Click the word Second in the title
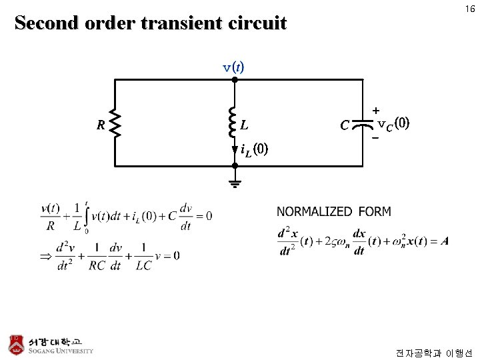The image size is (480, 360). coord(45,23)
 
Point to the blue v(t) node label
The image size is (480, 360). coord(233,67)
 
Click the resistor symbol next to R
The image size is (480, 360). coord(115,124)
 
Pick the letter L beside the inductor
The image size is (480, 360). coord(245,125)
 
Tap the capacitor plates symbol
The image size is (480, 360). coord(363,124)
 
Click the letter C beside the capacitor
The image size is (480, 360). coord(344,125)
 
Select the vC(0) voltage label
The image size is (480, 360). coord(393,124)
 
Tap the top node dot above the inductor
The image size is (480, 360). coord(235,79)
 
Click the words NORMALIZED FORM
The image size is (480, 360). coord(334,212)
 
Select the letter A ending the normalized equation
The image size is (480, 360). coord(445,241)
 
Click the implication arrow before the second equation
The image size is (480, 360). coord(46,255)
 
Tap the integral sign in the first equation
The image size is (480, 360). coord(86,217)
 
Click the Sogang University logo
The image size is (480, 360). coord(51,344)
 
